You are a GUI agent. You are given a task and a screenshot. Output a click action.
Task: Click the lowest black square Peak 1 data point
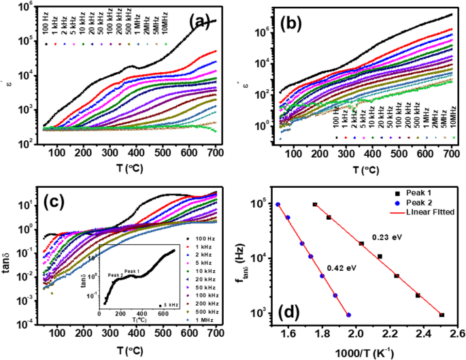[442, 314]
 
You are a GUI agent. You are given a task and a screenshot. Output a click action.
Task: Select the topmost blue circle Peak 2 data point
[278, 204]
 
